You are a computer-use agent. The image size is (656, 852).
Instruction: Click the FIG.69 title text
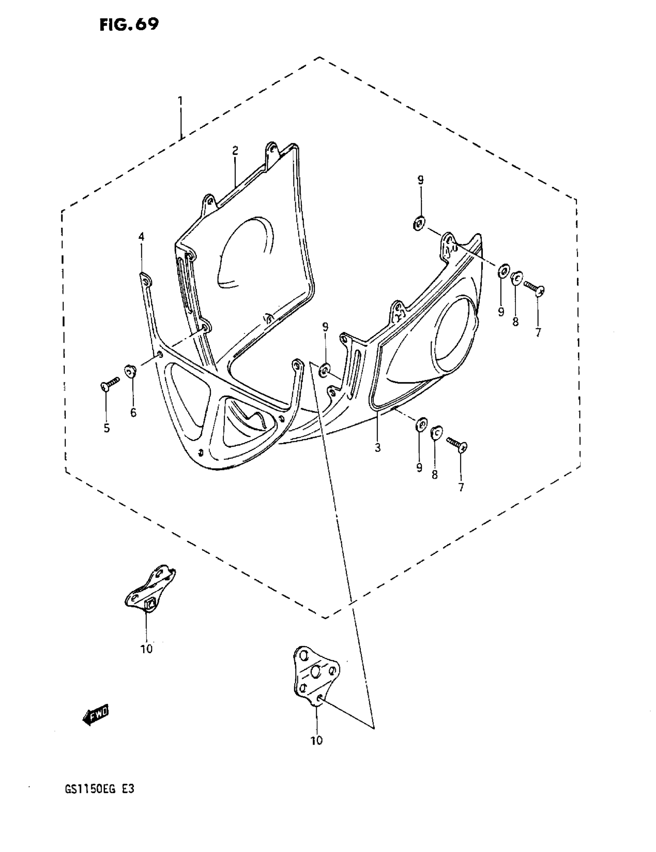tap(129, 25)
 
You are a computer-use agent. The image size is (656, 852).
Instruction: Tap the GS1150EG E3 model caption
tap(100, 789)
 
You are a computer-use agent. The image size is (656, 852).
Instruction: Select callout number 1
tap(180, 101)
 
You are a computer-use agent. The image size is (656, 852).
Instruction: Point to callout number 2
tap(235, 150)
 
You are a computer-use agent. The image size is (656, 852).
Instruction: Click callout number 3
tap(377, 448)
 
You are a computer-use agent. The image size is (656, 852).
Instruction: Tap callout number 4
tap(141, 236)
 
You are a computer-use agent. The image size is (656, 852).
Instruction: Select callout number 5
tap(107, 429)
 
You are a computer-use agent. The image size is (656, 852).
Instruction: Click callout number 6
tap(134, 413)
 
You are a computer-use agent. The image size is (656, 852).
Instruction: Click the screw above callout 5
tap(109, 383)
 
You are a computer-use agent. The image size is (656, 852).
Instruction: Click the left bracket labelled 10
tap(150, 588)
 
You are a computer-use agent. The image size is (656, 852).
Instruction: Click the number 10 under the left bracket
tap(147, 649)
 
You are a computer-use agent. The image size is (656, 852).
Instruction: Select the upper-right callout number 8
tap(515, 322)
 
